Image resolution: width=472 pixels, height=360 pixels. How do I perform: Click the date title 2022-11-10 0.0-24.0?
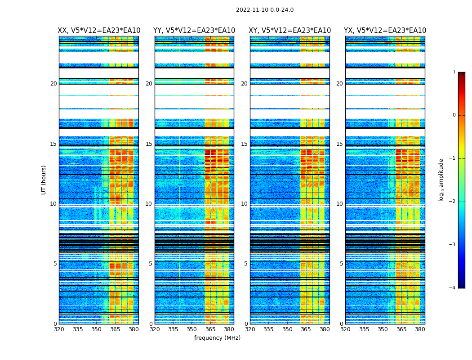click(264, 10)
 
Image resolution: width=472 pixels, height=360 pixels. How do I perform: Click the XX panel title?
click(99, 31)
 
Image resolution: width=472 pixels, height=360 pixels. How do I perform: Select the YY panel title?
click(194, 31)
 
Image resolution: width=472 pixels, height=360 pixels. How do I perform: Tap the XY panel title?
click(289, 31)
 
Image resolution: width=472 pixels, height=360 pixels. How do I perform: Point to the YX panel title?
click(385, 31)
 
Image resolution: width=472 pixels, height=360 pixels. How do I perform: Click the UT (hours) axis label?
click(44, 180)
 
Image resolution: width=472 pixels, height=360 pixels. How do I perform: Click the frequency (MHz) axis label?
click(217, 338)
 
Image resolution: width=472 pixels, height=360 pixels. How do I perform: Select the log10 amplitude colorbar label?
click(441, 180)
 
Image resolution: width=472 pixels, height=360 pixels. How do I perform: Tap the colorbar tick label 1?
click(454, 72)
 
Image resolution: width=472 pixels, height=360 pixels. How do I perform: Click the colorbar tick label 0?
click(454, 115)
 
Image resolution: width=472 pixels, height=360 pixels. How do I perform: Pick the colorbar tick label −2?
click(453, 202)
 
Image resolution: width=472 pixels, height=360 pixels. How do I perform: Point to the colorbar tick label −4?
click(453, 288)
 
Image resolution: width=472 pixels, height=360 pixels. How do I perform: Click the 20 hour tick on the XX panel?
click(53, 84)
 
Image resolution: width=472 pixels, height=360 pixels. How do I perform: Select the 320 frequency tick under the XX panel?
click(59, 329)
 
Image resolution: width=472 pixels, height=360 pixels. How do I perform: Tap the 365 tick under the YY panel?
click(210, 329)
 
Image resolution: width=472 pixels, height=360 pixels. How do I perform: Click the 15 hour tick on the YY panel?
click(149, 144)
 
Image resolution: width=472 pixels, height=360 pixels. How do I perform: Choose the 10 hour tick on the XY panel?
click(244, 204)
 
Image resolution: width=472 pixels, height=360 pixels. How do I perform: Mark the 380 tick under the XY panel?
click(325, 329)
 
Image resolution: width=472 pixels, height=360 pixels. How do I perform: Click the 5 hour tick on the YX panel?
click(341, 264)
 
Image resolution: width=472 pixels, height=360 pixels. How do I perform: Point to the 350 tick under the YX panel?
click(383, 329)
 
